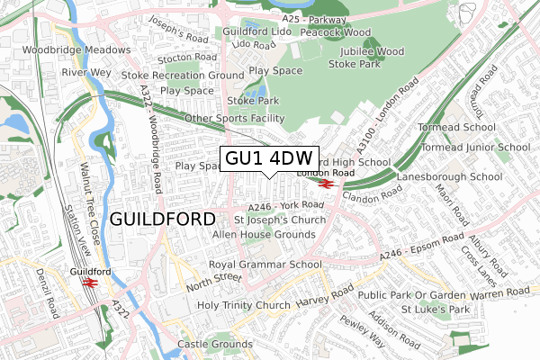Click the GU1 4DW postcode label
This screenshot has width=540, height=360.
269,158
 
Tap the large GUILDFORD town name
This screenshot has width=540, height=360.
162,219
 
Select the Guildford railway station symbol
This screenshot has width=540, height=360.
89,281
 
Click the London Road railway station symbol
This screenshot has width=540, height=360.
326,183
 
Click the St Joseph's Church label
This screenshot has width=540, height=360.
280,220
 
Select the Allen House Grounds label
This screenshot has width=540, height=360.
263,234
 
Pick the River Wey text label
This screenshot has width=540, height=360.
86,70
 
